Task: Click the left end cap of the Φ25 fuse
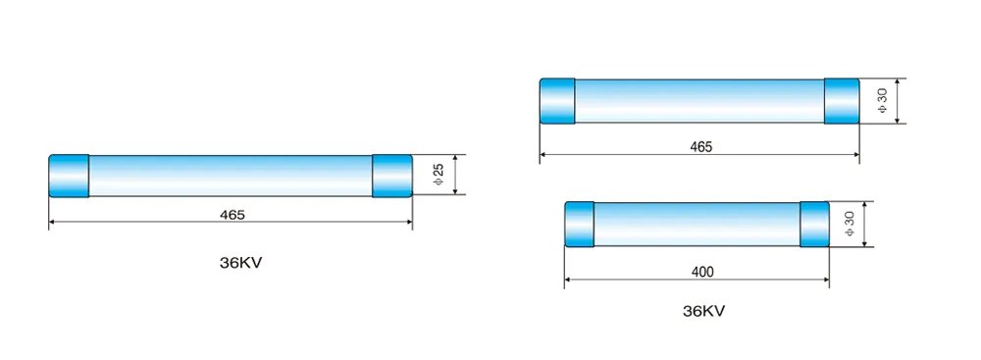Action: coord(69,176)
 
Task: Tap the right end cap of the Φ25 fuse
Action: coord(391,176)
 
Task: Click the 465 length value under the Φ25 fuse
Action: coord(232,214)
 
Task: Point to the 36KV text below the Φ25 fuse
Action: coord(241,263)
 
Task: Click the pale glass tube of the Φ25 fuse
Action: coord(231,176)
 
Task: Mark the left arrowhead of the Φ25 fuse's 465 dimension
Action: coord(53,223)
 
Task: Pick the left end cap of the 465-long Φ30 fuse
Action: coord(558,101)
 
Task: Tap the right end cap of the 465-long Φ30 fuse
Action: coord(842,101)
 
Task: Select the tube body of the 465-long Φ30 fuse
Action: coord(699,101)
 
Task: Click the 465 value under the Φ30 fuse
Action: coord(700,146)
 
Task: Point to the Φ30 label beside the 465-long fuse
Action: coord(882,101)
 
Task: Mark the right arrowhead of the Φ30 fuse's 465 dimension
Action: coord(855,154)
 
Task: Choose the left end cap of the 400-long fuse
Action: coord(580,225)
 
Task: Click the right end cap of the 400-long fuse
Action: coord(815,225)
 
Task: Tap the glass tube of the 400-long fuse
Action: coord(697,225)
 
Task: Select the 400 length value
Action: coord(700,271)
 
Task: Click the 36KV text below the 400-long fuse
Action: coord(703,312)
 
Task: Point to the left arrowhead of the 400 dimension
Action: coord(569,280)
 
